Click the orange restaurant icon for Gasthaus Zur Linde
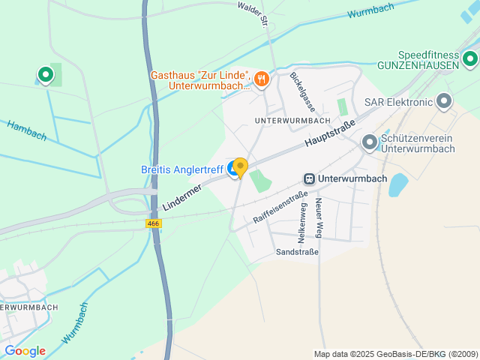pos(261,79)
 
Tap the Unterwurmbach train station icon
pos(308,178)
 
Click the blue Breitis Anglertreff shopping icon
pos(233,170)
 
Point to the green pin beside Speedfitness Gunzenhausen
pos(470,58)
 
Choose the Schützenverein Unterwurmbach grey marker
pos(369,142)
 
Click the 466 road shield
pos(152,223)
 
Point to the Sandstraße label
pos(297,252)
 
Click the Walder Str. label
pos(253,13)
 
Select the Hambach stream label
pos(27,130)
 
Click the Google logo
pos(25,350)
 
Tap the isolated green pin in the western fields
pos(45,74)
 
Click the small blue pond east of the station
pos(397,184)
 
